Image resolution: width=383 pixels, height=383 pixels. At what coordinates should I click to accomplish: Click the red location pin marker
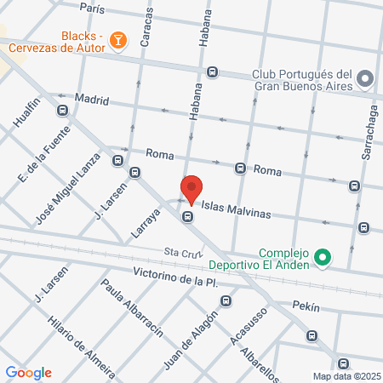pos(191,188)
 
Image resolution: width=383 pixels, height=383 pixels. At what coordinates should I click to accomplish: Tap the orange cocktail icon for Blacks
pos(118,38)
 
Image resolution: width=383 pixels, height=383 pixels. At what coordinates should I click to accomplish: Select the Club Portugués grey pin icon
pos(366,78)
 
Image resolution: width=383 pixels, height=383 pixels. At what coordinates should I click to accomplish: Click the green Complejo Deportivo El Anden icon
pos(322,255)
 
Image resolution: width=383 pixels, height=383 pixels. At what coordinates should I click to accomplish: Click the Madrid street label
pos(92,99)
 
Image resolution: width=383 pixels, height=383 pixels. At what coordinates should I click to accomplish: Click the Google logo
pos(28,373)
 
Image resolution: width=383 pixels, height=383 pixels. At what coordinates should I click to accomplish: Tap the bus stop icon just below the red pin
pos(187,216)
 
